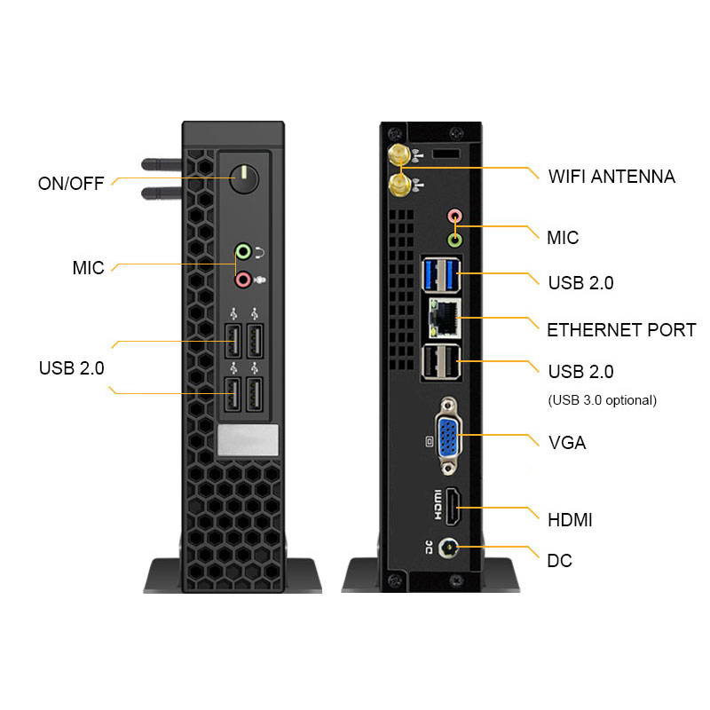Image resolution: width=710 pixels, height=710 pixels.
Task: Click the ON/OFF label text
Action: [70, 184]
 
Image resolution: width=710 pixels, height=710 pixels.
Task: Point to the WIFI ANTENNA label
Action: [611, 177]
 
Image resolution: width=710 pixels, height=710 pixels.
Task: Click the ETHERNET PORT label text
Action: [621, 330]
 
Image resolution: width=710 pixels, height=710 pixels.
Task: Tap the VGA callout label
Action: [567, 442]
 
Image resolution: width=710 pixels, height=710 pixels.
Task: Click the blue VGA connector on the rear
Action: [447, 435]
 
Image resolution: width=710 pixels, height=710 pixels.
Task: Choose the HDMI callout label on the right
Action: [570, 520]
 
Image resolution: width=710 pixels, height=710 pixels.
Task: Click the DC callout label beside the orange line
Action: [560, 561]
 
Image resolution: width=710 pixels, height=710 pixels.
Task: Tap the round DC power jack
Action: [453, 549]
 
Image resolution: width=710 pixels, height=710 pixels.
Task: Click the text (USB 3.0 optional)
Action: [603, 400]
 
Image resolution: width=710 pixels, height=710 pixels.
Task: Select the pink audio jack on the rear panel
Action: [454, 216]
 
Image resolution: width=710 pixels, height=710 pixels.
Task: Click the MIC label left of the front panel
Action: [88, 268]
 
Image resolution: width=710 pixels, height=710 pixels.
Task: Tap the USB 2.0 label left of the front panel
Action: [71, 367]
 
